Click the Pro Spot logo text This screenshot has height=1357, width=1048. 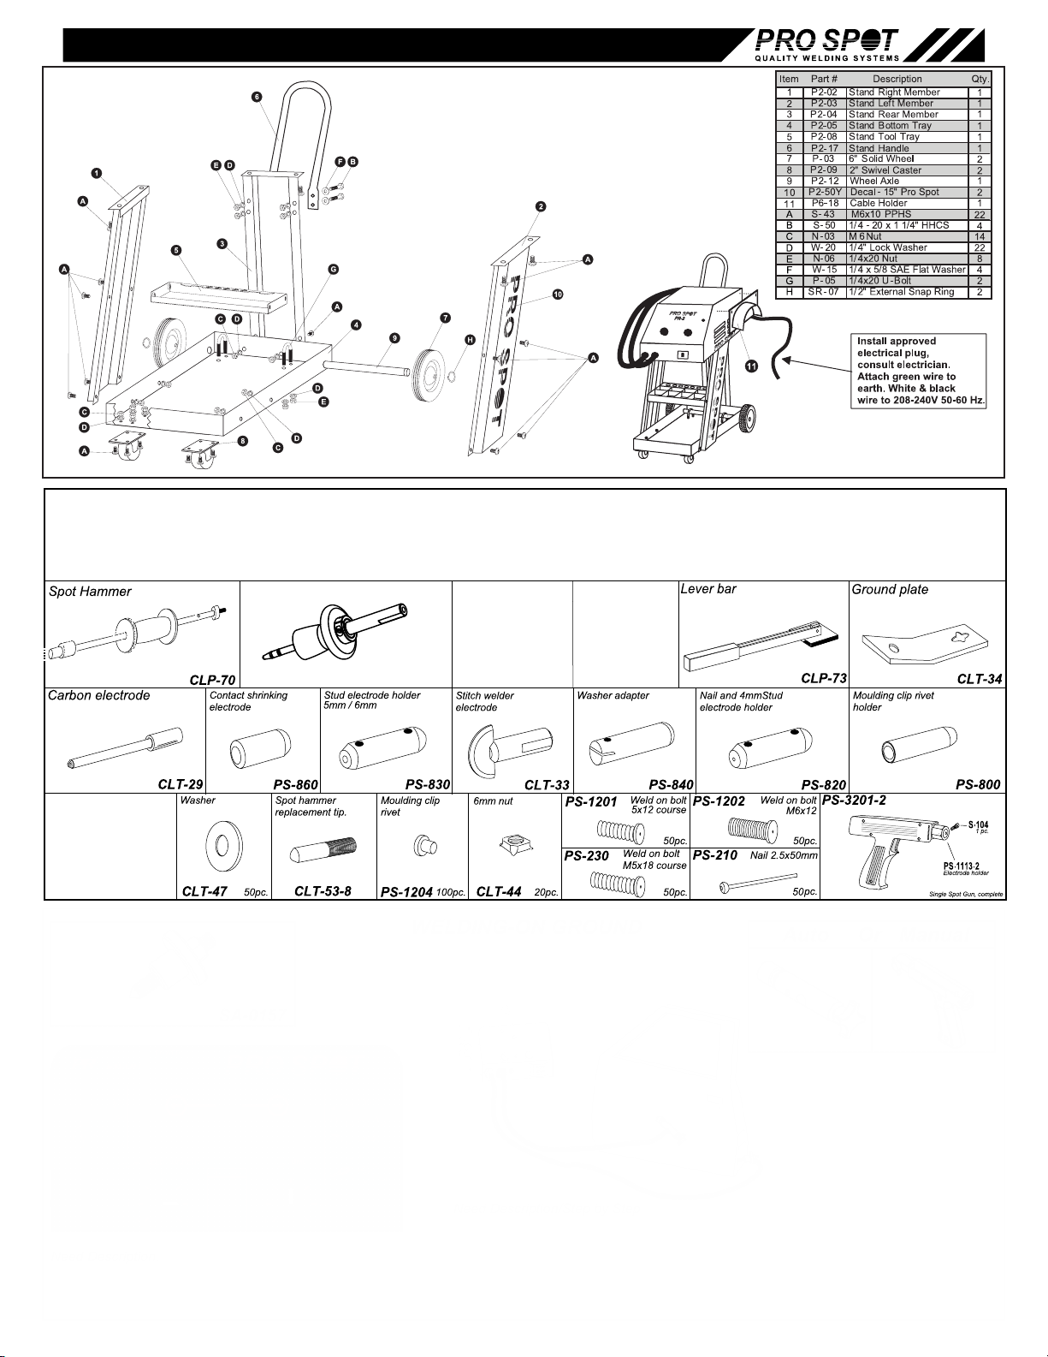point(826,40)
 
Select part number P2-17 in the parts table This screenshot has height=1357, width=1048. point(824,148)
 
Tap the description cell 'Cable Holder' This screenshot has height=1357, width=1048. point(878,204)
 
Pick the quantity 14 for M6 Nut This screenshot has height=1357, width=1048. point(979,236)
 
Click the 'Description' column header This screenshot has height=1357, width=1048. point(897,79)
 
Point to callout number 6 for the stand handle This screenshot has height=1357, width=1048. point(257,97)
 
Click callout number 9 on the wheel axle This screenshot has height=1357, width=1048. point(394,338)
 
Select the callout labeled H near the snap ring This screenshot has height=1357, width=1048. point(470,340)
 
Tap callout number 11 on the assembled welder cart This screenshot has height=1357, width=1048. point(751,366)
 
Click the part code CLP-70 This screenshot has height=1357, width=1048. point(212,680)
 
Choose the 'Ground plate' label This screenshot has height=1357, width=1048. point(890,590)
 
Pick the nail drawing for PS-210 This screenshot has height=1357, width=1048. point(758,881)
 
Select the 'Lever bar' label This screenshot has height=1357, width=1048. point(708,589)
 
